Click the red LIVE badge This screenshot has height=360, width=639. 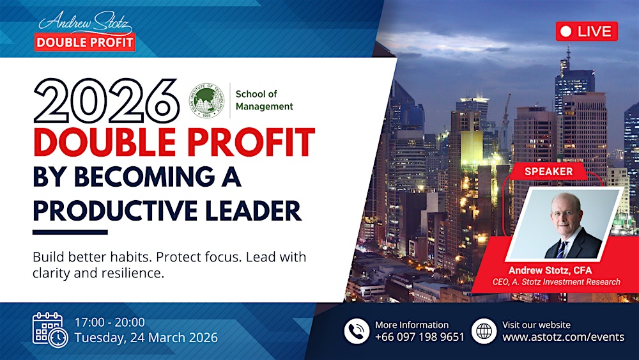[x=587, y=31]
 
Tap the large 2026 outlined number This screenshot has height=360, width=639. [x=106, y=102]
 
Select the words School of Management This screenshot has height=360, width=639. [x=264, y=100]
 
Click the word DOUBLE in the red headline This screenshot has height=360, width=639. [x=106, y=143]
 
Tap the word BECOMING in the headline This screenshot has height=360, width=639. [x=146, y=176]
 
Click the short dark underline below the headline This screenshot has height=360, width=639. [x=70, y=231]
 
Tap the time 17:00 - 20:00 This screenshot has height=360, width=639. [x=109, y=322]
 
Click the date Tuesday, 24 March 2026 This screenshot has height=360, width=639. [x=146, y=338]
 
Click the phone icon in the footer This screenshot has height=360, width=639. [x=357, y=331]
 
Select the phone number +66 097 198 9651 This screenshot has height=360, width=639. [x=419, y=337]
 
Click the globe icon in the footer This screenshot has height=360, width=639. [x=484, y=331]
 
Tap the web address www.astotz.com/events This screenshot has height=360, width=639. [x=563, y=337]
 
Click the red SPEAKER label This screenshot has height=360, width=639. [x=548, y=171]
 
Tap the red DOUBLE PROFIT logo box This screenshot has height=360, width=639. [x=85, y=42]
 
